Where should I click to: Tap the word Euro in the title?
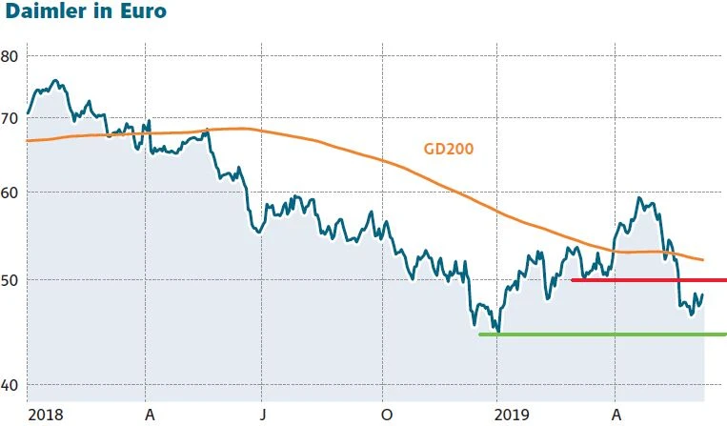coord(138,13)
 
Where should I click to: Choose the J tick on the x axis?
coord(263,416)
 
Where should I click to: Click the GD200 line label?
coord(448,149)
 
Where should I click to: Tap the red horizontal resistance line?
coord(648,280)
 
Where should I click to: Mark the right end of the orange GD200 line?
coord(703,259)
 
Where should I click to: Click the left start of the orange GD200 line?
coord(28,140)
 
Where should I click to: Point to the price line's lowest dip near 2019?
coord(497,331)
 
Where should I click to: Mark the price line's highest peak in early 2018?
coord(55,81)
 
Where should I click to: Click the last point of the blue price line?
coord(703,294)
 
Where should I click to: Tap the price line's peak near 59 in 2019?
coord(638,198)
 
